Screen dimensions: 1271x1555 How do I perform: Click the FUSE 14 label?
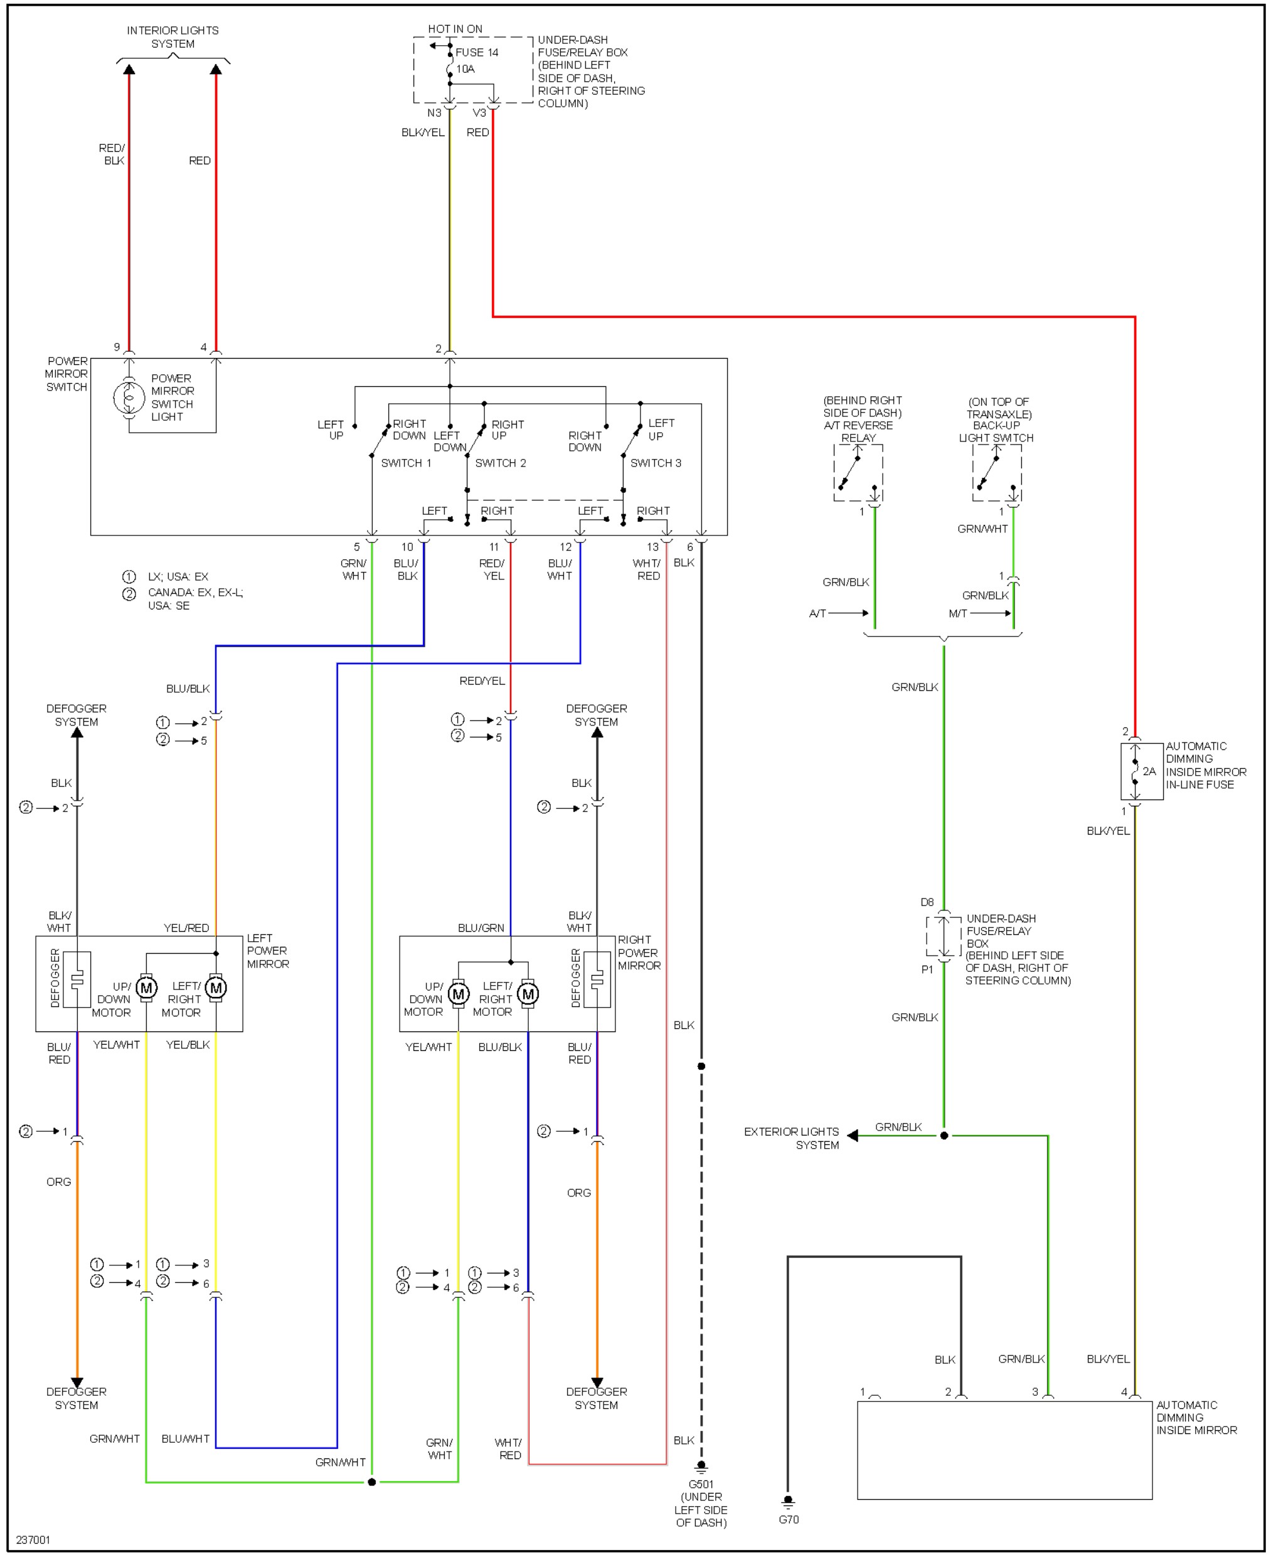[477, 53]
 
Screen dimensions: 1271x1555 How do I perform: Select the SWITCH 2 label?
[500, 463]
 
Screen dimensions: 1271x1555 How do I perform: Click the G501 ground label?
[701, 1485]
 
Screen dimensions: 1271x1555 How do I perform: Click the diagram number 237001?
[33, 1539]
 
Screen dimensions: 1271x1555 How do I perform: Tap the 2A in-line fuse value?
[1149, 771]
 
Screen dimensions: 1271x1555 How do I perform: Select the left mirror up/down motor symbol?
[146, 988]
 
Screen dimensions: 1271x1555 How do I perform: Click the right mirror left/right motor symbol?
[528, 994]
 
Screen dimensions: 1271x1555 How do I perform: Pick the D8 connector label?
[927, 902]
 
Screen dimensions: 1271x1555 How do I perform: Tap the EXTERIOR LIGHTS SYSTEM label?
[792, 1138]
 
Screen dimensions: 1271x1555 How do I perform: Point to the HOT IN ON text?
[455, 29]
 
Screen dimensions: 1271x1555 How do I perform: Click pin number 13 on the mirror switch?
[652, 547]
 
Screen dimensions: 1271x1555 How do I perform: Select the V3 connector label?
[479, 113]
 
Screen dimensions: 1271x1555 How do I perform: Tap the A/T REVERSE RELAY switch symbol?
[858, 473]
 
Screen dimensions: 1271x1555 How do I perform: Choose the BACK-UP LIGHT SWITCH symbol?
[997, 473]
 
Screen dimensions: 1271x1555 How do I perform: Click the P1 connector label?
[927, 969]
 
